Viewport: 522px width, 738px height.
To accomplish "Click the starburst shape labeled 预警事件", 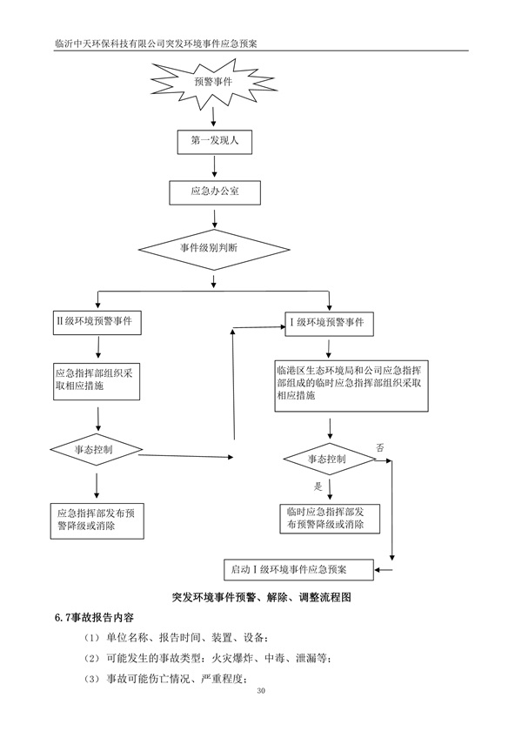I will pos(212,80).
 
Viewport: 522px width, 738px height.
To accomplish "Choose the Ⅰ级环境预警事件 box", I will pos(330,323).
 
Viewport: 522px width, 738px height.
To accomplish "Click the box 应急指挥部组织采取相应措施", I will pos(94,379).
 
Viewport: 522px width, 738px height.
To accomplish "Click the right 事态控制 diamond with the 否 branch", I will pos(327,459).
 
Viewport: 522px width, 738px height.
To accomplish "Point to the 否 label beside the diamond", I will pos(379,446).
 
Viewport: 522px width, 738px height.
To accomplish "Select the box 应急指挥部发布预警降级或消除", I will pos(94,520).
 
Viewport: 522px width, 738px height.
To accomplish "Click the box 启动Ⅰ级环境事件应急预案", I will pos(298,569).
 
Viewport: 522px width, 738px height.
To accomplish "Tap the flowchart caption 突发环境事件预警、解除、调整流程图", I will pos(260,598).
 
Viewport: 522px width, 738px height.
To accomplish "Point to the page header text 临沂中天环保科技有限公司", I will pos(122,42).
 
